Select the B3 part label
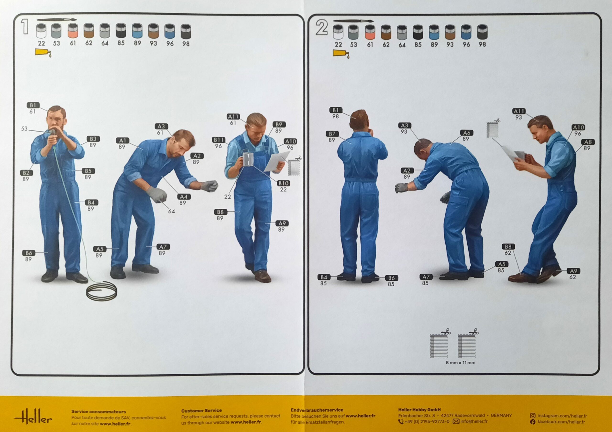point(93,139)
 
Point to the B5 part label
point(88,171)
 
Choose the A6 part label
point(466,133)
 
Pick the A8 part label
point(588,142)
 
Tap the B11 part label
point(219,140)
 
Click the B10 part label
point(283,183)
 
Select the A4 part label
point(184,197)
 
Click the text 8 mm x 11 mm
point(460,362)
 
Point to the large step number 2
point(322,28)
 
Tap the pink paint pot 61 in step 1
point(73,31)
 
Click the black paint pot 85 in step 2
point(418,32)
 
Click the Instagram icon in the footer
point(533,416)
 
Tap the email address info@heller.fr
point(474,421)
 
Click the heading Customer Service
point(202,411)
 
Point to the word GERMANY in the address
point(501,416)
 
